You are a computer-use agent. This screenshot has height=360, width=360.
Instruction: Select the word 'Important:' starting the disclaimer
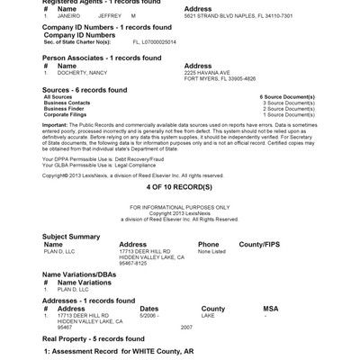[55, 124]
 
